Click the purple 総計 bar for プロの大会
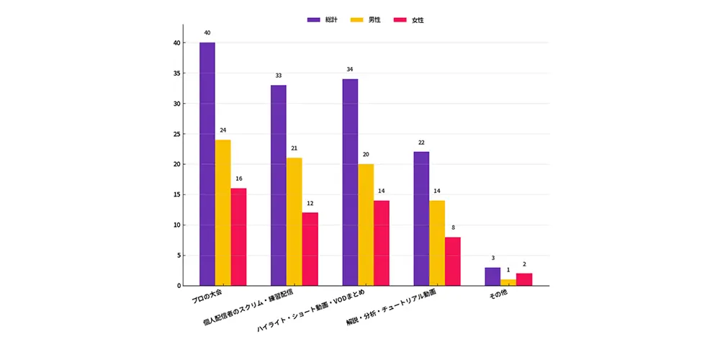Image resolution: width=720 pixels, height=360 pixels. click(x=207, y=164)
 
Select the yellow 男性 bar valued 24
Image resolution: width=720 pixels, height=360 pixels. click(x=222, y=212)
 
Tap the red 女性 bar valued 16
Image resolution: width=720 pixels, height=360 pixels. click(x=238, y=237)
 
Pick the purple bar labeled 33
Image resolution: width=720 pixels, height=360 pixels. click(x=279, y=186)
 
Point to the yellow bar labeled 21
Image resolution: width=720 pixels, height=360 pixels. click(x=294, y=222)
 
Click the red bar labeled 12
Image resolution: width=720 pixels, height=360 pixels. click(x=310, y=249)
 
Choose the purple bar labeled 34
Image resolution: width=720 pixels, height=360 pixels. click(x=351, y=182)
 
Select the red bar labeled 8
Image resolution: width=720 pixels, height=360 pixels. click(x=453, y=261)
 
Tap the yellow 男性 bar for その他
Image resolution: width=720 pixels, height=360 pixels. click(x=508, y=282)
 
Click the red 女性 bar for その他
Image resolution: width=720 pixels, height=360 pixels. click(x=524, y=279)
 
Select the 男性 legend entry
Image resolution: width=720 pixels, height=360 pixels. click(x=366, y=20)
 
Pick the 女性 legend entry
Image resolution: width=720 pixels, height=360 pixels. click(x=409, y=20)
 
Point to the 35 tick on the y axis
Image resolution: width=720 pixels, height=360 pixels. click(x=176, y=73)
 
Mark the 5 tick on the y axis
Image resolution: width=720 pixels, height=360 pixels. click(x=178, y=256)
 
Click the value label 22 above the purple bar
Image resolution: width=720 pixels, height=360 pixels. click(x=421, y=143)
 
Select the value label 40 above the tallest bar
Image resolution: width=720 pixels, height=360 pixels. click(x=207, y=33)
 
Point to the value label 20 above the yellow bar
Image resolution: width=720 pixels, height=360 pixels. click(x=366, y=155)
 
